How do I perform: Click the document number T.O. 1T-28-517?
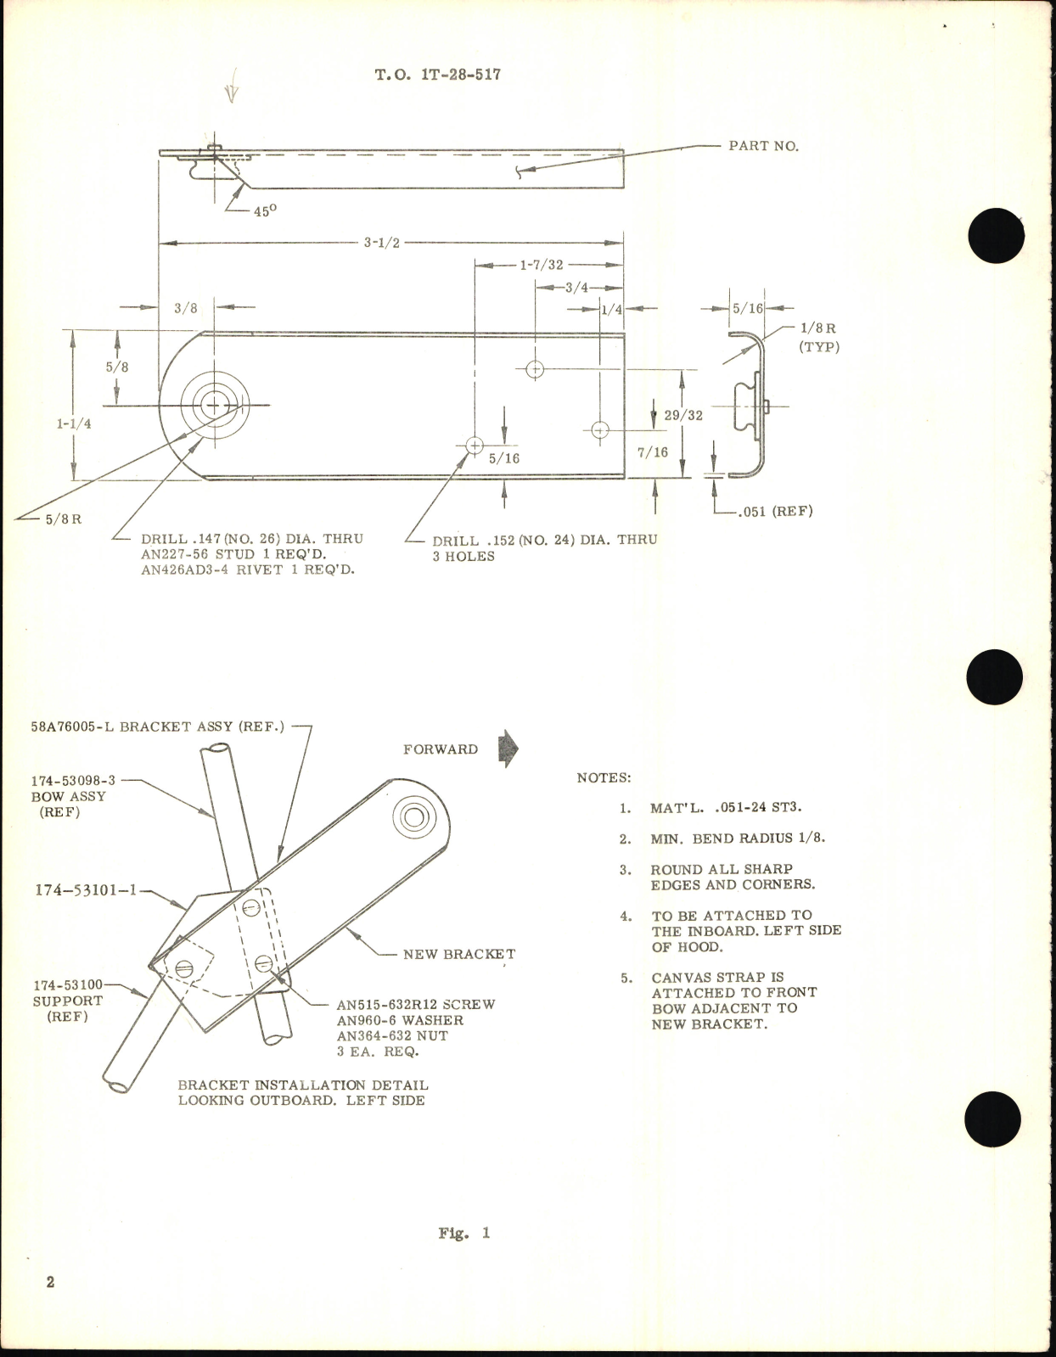(438, 75)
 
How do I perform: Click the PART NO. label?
(763, 146)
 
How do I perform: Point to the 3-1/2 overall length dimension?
(382, 243)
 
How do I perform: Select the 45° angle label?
(265, 211)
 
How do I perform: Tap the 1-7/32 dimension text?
(542, 265)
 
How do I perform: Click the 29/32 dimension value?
(683, 416)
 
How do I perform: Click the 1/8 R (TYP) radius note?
(818, 337)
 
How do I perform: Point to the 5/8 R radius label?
(64, 519)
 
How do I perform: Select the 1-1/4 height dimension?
(74, 423)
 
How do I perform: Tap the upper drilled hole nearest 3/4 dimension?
(535, 369)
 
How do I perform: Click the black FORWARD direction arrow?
(508, 749)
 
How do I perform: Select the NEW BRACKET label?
(458, 954)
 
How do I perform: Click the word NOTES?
(604, 777)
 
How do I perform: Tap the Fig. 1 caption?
(464, 1233)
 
